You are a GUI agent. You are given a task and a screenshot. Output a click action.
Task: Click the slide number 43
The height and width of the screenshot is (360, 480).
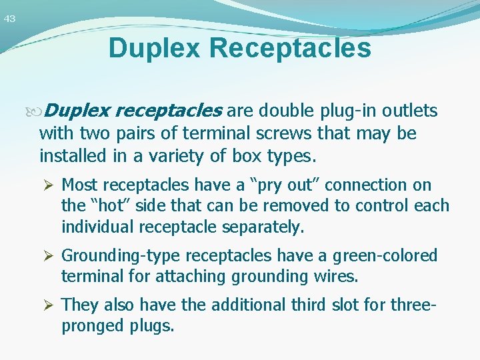[x=9, y=19]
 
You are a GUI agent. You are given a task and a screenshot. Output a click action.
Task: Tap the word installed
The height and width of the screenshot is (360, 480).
[x=69, y=156]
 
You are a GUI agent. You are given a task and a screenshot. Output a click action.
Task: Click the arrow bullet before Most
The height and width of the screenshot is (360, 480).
[x=49, y=185]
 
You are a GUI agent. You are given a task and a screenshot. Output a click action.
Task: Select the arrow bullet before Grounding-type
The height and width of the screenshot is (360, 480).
[x=49, y=256]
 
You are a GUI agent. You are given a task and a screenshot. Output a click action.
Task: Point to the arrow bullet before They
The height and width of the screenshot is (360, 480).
[x=49, y=305]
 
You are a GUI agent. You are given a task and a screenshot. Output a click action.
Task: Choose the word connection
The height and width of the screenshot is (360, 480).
[x=375, y=185]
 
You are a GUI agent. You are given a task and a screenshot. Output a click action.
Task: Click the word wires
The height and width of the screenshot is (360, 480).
[x=339, y=277]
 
